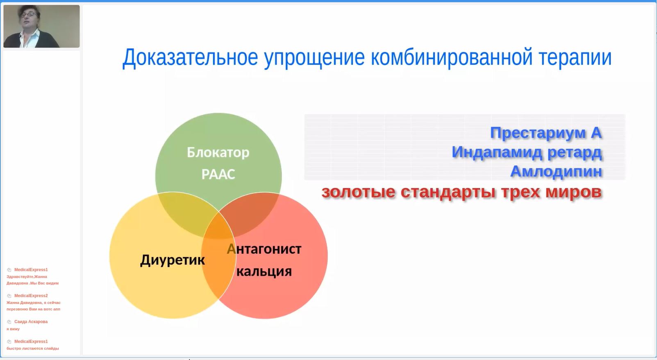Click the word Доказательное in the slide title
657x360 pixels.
coord(190,58)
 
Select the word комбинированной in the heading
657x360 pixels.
coord(452,58)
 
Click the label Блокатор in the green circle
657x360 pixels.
coord(218,152)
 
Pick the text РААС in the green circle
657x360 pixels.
coord(218,174)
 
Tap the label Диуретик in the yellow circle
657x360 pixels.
coord(173,260)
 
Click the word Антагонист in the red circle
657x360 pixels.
coord(264,249)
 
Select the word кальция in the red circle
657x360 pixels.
coord(264,271)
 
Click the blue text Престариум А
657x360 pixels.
coord(546,133)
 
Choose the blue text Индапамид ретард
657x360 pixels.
coord(527,152)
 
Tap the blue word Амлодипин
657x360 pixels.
coord(556,172)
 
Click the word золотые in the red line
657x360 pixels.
coord(358,192)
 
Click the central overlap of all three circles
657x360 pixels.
coord(218,226)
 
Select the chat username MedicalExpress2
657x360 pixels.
coord(31,296)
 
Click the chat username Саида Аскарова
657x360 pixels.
coord(31,322)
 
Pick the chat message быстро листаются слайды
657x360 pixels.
coord(33,349)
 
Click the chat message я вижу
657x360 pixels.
coord(13,329)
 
